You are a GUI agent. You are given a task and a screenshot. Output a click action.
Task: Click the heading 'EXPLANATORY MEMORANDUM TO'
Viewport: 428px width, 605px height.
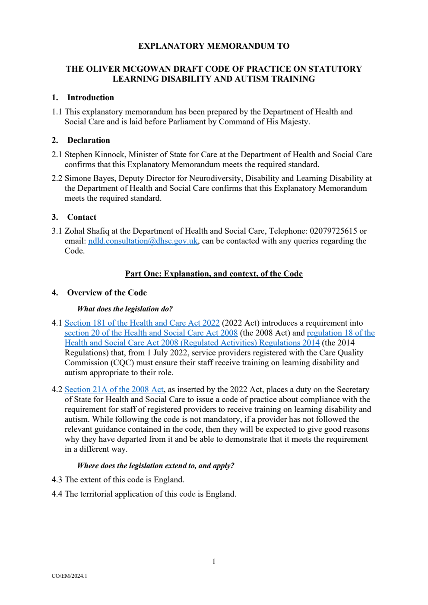click(214, 46)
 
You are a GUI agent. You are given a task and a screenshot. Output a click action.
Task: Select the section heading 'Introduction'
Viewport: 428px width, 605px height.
click(91, 98)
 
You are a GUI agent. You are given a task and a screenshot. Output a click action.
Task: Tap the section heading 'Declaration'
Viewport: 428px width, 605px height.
click(89, 140)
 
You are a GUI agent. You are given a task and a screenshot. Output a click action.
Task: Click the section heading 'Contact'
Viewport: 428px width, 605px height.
click(82, 217)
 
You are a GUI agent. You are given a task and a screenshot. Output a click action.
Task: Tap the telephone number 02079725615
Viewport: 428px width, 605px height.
click(333, 231)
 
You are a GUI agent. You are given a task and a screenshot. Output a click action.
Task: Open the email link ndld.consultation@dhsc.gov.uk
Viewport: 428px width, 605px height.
click(143, 241)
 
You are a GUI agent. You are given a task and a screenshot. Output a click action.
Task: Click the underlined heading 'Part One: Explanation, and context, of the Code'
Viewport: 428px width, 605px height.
click(214, 274)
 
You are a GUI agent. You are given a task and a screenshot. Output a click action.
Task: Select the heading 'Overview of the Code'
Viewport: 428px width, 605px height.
click(107, 293)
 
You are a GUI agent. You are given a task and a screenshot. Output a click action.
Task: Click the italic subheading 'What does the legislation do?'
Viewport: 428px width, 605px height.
click(125, 309)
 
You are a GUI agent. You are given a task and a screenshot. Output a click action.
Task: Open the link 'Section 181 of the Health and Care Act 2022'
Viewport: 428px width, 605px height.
click(142, 323)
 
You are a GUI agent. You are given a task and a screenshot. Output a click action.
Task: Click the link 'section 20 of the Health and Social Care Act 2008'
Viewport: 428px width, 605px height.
click(151, 333)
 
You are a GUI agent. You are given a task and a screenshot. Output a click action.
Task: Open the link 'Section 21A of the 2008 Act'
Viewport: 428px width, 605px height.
click(114, 390)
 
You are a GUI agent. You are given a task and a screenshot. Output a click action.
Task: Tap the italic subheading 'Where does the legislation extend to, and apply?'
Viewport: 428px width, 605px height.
click(155, 466)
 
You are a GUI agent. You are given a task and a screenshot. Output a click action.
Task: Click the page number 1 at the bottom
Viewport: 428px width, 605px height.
click(214, 561)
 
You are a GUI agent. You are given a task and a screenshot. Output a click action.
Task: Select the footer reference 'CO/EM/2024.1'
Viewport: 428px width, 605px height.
click(69, 576)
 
